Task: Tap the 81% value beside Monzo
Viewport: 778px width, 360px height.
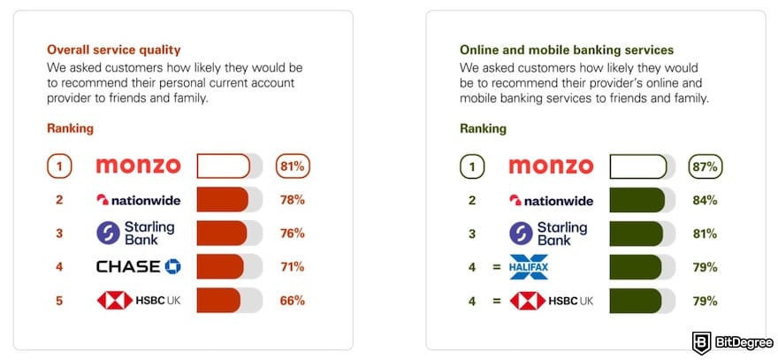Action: (293, 165)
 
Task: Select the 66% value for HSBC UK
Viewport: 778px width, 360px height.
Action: (291, 301)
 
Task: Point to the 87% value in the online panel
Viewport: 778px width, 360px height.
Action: (706, 165)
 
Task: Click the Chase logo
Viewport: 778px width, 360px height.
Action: (138, 266)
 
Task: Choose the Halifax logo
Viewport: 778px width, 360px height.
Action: (529, 266)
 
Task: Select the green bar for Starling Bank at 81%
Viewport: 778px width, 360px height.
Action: (630, 234)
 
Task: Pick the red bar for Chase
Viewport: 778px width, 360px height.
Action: (219, 266)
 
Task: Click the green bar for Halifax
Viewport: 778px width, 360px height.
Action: (629, 266)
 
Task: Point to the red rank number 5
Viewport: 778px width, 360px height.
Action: (59, 301)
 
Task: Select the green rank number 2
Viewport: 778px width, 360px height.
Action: (472, 200)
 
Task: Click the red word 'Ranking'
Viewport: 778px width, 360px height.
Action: (70, 128)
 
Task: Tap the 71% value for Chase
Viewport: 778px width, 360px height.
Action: (291, 266)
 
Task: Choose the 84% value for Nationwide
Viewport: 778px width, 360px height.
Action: (705, 200)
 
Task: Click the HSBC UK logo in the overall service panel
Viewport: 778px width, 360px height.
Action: (140, 301)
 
